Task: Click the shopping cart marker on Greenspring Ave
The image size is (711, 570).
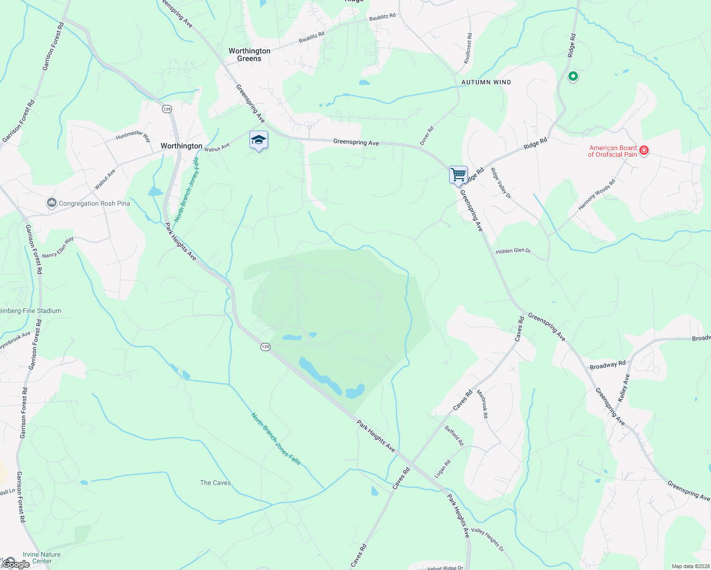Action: click(x=458, y=175)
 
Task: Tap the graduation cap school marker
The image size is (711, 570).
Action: click(x=259, y=140)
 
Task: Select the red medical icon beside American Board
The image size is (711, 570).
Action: click(x=644, y=151)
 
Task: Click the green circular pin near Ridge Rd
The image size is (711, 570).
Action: click(x=573, y=76)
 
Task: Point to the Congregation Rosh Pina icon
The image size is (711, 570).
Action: click(x=52, y=203)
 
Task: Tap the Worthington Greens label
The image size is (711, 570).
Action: click(x=249, y=55)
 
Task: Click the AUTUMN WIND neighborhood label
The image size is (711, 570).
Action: click(x=486, y=82)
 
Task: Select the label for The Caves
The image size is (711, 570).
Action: click(x=215, y=483)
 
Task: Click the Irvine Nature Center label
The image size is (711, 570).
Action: click(x=42, y=558)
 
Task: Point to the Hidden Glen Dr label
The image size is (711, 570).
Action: click(x=513, y=251)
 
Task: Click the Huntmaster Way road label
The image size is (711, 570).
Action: click(x=133, y=136)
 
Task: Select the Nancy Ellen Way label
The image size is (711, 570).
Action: click(x=58, y=247)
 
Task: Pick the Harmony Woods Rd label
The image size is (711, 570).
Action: click(x=596, y=195)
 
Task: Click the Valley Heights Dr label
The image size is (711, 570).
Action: click(x=487, y=540)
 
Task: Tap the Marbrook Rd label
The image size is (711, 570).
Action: click(x=482, y=404)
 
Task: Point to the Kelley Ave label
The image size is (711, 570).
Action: click(x=624, y=388)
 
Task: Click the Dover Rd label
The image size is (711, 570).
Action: click(x=427, y=136)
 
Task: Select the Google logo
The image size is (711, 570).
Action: click(x=16, y=564)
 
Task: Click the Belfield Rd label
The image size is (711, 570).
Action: click(x=454, y=436)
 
